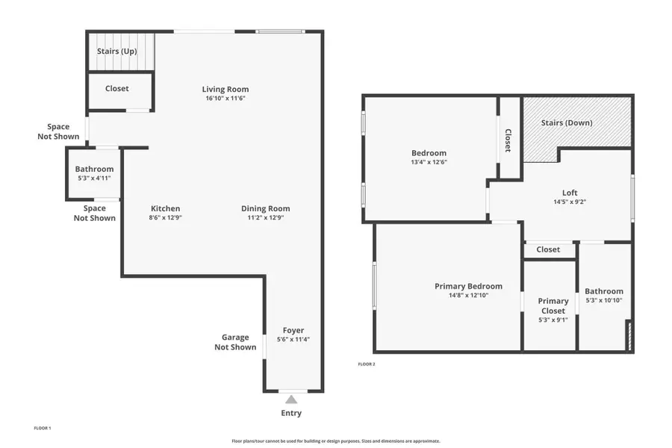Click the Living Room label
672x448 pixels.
click(225, 90)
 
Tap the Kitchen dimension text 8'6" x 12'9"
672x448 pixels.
click(165, 218)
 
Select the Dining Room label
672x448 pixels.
click(265, 209)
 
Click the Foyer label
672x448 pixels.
click(293, 331)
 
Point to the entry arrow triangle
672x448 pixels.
click(291, 399)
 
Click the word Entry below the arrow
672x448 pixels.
click(291, 413)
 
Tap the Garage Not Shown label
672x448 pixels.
click(235, 342)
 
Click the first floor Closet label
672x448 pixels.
click(116, 88)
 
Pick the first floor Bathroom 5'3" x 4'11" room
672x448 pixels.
click(94, 173)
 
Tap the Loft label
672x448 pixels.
click(570, 193)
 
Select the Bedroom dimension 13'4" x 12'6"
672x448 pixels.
click(429, 162)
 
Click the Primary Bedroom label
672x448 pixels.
click(468, 286)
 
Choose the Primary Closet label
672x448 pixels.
click(553, 306)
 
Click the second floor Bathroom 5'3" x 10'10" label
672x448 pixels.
click(603, 291)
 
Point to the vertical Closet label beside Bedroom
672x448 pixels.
click(508, 140)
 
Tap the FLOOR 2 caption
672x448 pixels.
click(367, 364)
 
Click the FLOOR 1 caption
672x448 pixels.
click(43, 428)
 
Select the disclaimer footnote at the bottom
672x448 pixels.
click(335, 441)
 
